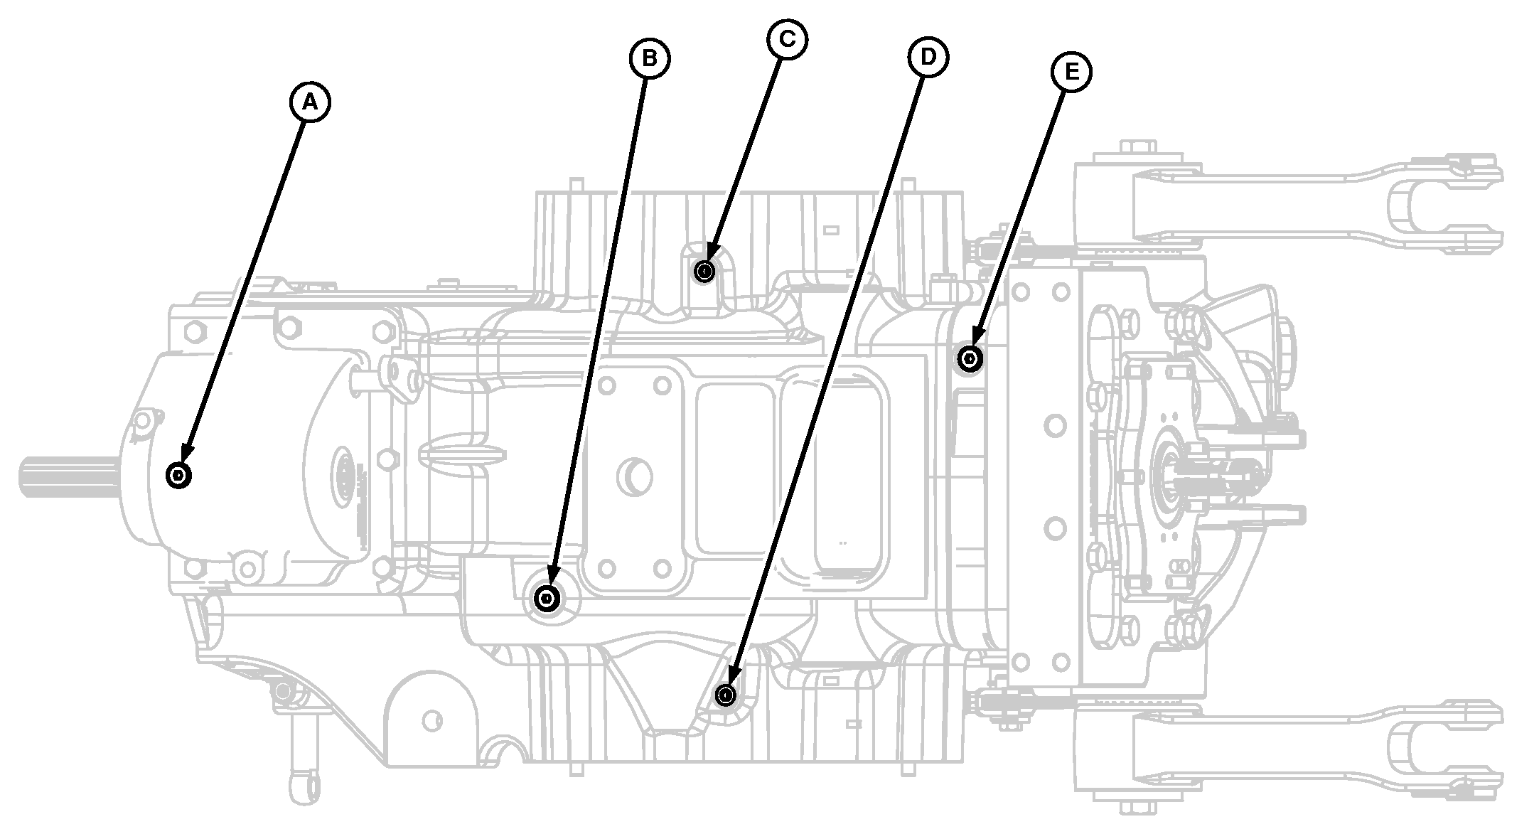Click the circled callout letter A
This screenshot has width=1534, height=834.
tap(310, 102)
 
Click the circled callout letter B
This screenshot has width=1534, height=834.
tap(650, 58)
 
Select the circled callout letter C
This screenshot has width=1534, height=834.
tap(787, 39)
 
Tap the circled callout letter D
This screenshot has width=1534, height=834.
tap(928, 57)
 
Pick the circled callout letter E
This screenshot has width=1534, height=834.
tap(1072, 71)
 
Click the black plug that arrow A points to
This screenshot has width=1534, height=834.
tap(178, 474)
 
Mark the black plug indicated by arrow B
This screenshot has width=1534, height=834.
tap(547, 599)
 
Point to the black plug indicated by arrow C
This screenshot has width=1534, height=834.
tap(704, 271)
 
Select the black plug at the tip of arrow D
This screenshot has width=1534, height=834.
tap(725, 694)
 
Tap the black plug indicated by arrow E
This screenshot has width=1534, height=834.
tap(970, 358)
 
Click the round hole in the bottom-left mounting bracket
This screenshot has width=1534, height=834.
tap(430, 722)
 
